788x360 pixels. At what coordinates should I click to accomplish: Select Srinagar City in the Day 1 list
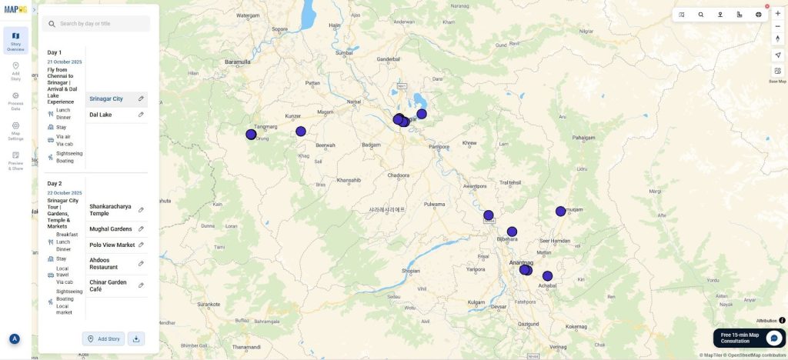[106, 98]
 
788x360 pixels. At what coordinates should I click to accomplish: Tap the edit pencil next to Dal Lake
[141, 115]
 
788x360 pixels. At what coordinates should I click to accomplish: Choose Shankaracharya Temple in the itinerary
[110, 209]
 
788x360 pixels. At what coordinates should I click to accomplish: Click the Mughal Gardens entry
[110, 228]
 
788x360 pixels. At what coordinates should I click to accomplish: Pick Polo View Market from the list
[112, 245]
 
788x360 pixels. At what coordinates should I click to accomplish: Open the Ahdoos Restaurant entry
[104, 263]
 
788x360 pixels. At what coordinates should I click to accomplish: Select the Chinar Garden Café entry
[108, 285]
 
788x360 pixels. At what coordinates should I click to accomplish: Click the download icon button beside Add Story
[136, 338]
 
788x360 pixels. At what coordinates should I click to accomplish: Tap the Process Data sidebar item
[15, 100]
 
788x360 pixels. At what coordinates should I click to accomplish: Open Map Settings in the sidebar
[15, 130]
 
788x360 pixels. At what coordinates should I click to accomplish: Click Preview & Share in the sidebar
[15, 159]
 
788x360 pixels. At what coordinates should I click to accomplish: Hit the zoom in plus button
[777, 14]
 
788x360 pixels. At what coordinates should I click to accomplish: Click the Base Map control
[777, 74]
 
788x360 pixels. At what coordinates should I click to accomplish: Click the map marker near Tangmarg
[251, 135]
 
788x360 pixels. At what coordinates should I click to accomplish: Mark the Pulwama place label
[434, 204]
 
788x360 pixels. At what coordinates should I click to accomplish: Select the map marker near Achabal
[547, 276]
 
